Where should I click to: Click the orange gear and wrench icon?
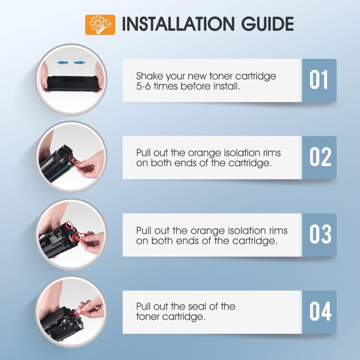pyautogui.click(x=100, y=25)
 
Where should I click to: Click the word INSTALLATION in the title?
pyautogui.click(x=178, y=24)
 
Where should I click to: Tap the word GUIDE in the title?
pyautogui.click(x=267, y=24)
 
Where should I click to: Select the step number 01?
pyautogui.click(x=318, y=80)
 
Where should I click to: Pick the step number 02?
pyautogui.click(x=320, y=157)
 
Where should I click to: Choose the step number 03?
pyautogui.click(x=320, y=234)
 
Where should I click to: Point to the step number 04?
pyautogui.click(x=320, y=312)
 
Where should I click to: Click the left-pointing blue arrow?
pyautogui.click(x=62, y=62)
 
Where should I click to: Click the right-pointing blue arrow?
pyautogui.click(x=80, y=62)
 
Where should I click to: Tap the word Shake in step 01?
pyautogui.click(x=149, y=76)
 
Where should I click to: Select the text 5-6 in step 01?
pyautogui.click(x=143, y=86)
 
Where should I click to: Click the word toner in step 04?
pyautogui.click(x=148, y=317)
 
